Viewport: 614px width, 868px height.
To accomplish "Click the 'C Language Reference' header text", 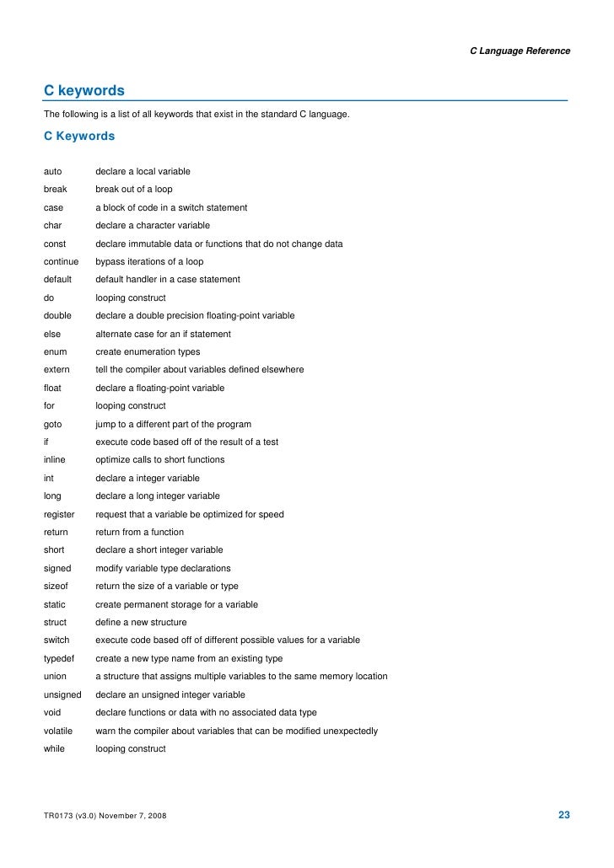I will pyautogui.click(x=520, y=51).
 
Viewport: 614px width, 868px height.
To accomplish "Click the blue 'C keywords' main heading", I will pyautogui.click(x=84, y=90).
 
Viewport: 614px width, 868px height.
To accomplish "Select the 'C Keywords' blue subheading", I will pyautogui.click(x=79, y=135).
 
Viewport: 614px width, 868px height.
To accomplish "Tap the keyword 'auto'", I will pyautogui.click(x=53, y=172).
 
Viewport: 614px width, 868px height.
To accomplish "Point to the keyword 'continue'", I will pyautogui.click(x=61, y=262).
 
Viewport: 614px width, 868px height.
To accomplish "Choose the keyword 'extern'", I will pyautogui.click(x=57, y=370).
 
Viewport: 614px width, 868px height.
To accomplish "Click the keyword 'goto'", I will pyautogui.click(x=53, y=424).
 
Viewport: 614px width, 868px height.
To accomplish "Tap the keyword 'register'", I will pyautogui.click(x=59, y=514).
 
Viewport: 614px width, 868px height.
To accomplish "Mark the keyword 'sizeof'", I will pyautogui.click(x=57, y=587).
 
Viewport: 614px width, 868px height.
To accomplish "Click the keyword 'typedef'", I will pyautogui.click(x=59, y=658).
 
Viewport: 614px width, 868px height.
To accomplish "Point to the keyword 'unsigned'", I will pyautogui.click(x=62, y=695).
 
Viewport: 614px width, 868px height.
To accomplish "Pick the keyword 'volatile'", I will pyautogui.click(x=58, y=731).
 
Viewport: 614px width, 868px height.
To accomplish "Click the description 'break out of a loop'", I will pyautogui.click(x=134, y=190).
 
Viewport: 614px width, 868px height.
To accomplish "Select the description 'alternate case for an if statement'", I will pyautogui.click(x=163, y=334).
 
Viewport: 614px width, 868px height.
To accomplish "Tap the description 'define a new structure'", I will pyautogui.click(x=141, y=623).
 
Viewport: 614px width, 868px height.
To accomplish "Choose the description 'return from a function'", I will pyautogui.click(x=139, y=533).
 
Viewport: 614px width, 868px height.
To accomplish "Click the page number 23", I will pyautogui.click(x=564, y=815).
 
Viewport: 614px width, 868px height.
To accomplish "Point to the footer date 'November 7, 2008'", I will pyautogui.click(x=130, y=817).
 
